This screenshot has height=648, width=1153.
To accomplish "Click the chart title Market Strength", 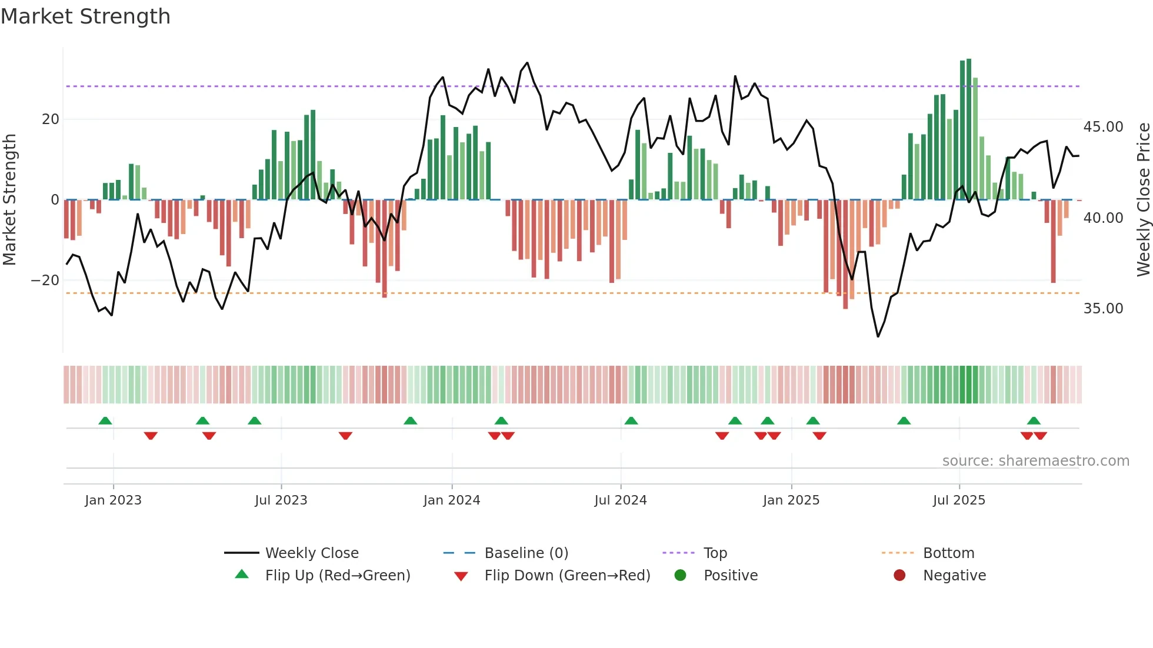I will (x=85, y=16).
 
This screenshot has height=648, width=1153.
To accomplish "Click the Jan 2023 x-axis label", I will (x=113, y=500).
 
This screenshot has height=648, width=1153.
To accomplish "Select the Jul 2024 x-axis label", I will (x=620, y=500).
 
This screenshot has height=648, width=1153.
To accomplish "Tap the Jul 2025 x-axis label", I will (x=959, y=500).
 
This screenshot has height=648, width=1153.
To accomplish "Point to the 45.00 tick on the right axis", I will (x=1103, y=127).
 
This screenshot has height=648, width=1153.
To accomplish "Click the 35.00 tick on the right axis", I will (x=1103, y=309).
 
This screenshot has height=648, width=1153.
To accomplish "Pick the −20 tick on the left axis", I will (x=45, y=280).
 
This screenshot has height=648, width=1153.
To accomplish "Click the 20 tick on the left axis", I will (x=51, y=119).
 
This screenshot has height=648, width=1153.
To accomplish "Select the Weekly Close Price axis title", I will (x=1143, y=200).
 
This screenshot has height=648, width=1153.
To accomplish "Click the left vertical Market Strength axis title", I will (x=10, y=200).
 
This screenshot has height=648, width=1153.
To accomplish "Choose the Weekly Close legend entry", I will (x=311, y=553).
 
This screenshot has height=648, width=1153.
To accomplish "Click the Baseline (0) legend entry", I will (x=526, y=553).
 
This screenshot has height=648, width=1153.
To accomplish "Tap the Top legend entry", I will (x=715, y=553).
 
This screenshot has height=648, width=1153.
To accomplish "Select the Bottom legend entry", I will (x=948, y=553).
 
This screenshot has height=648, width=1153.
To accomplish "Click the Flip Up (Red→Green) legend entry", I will (x=337, y=575).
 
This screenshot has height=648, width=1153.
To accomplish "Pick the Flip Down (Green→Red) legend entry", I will (x=567, y=575).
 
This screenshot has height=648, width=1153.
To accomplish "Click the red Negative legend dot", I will (x=899, y=575).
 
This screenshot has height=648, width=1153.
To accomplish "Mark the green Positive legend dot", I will (x=681, y=575).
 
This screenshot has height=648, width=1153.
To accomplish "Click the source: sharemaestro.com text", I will (x=1035, y=460).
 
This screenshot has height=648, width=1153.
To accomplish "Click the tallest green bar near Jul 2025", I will (x=969, y=129).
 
